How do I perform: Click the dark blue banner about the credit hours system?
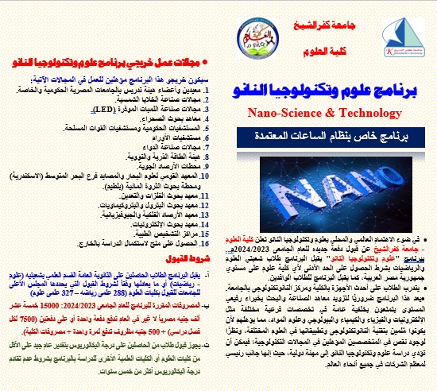330,136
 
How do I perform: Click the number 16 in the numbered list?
209,226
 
